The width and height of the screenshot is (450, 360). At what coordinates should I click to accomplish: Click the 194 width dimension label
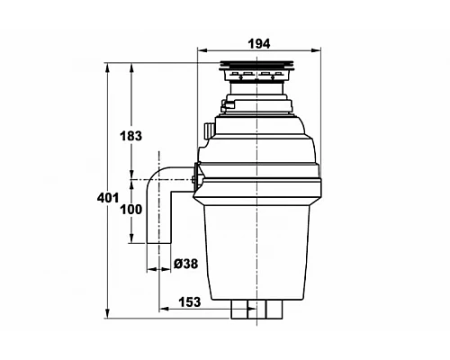click(259, 44)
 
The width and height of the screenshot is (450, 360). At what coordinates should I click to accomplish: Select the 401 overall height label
click(108, 198)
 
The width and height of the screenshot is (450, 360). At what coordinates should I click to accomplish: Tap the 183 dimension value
click(130, 136)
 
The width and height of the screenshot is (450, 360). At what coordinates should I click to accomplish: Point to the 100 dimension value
click(131, 210)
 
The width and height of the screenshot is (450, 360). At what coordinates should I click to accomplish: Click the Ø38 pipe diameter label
click(186, 264)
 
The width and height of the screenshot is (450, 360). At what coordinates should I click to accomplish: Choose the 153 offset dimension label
click(190, 301)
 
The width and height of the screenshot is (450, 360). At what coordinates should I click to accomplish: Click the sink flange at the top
click(256, 65)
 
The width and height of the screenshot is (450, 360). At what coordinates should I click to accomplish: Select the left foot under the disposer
click(239, 309)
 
